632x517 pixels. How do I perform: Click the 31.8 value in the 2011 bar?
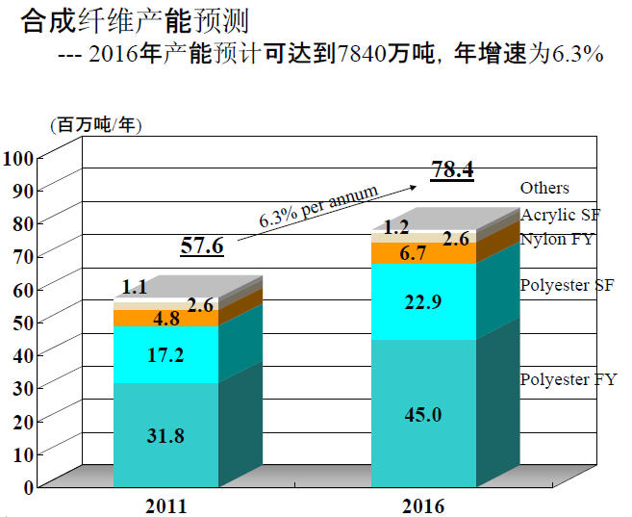coord(165,434)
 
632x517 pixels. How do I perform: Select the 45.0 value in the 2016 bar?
coord(423,415)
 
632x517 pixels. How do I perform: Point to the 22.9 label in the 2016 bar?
coord(423,301)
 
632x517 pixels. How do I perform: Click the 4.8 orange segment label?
coord(140,318)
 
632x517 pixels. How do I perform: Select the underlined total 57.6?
coord(202,246)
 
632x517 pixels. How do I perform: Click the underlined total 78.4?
coord(452,170)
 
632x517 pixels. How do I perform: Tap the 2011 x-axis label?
coord(165,504)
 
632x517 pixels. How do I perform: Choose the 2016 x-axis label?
coord(423,504)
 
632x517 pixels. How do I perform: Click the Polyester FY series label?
coord(568,379)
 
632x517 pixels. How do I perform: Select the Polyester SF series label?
coord(568,285)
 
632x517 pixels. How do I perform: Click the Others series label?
coord(544,188)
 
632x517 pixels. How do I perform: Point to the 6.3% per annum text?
coord(318,206)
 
